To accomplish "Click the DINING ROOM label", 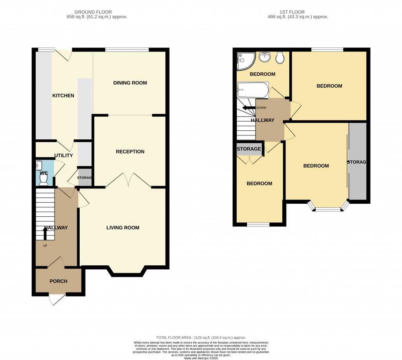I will click(130, 83).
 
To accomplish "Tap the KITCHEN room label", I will click(63, 96).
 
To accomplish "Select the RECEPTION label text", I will click(130, 152).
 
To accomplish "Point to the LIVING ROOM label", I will click(123, 228).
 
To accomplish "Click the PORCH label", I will click(58, 281).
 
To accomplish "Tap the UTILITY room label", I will click(63, 155).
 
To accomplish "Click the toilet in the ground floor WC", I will click(44, 180).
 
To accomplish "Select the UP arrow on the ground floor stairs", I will click(45, 234).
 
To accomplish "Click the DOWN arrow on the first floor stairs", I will click(247, 108).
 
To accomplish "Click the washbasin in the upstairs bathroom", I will click(265, 57).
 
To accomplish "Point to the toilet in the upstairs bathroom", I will click(280, 58).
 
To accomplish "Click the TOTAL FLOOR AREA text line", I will click(201, 337).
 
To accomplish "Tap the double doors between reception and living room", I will click(128, 181).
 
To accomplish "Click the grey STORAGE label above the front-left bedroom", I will click(249, 149).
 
